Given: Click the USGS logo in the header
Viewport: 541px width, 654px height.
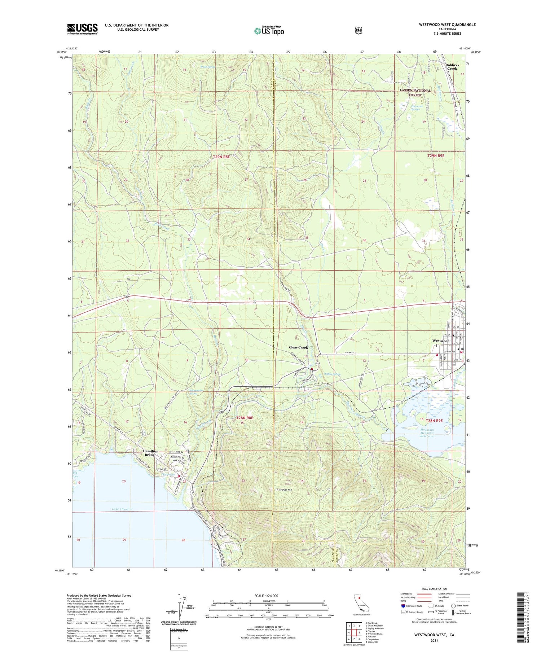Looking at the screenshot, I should click(x=82, y=29).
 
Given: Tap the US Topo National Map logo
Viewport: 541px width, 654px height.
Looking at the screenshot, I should click(x=269, y=31).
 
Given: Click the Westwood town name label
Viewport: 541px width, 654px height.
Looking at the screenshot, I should click(x=441, y=341).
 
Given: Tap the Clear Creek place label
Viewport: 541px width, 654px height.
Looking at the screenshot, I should click(x=298, y=347).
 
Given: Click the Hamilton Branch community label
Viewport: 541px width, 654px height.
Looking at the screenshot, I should click(x=150, y=453).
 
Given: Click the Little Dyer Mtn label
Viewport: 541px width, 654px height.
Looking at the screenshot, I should click(x=284, y=490).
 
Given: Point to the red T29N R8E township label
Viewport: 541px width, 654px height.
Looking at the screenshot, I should click(x=221, y=157).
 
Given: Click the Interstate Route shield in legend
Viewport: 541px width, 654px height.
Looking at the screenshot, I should click(x=403, y=606).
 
